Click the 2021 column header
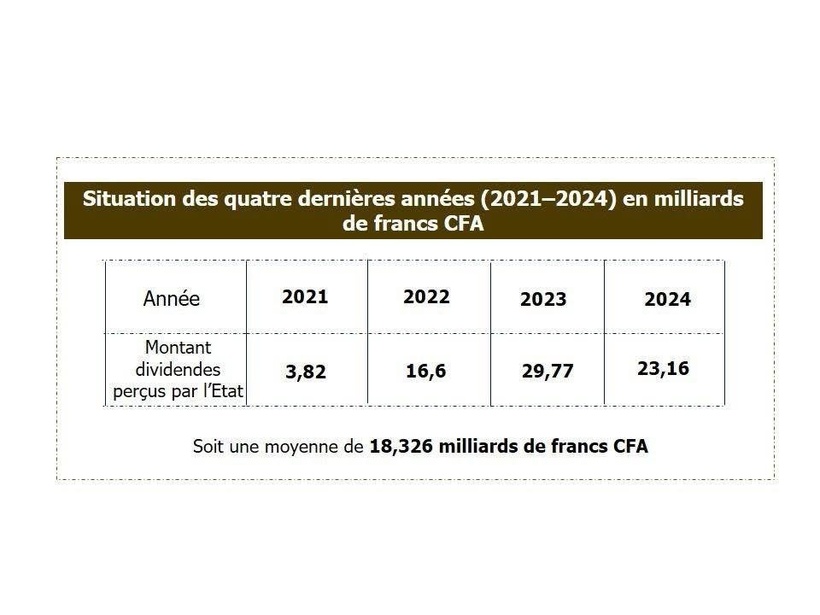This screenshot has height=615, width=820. click(305, 297)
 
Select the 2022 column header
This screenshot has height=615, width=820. click(426, 297)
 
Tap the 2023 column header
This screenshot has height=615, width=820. click(543, 299)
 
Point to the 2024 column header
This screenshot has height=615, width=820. click(667, 299)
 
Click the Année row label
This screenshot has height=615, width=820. click(171, 298)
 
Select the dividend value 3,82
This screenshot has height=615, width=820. click(305, 371)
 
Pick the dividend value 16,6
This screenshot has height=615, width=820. click(426, 371)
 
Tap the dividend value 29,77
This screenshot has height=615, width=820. click(547, 371)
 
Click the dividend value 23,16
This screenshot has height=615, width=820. click(663, 368)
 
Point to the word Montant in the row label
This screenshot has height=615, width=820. click(178, 348)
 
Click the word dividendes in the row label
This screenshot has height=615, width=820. click(178, 369)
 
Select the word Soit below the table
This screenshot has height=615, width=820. click(210, 446)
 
